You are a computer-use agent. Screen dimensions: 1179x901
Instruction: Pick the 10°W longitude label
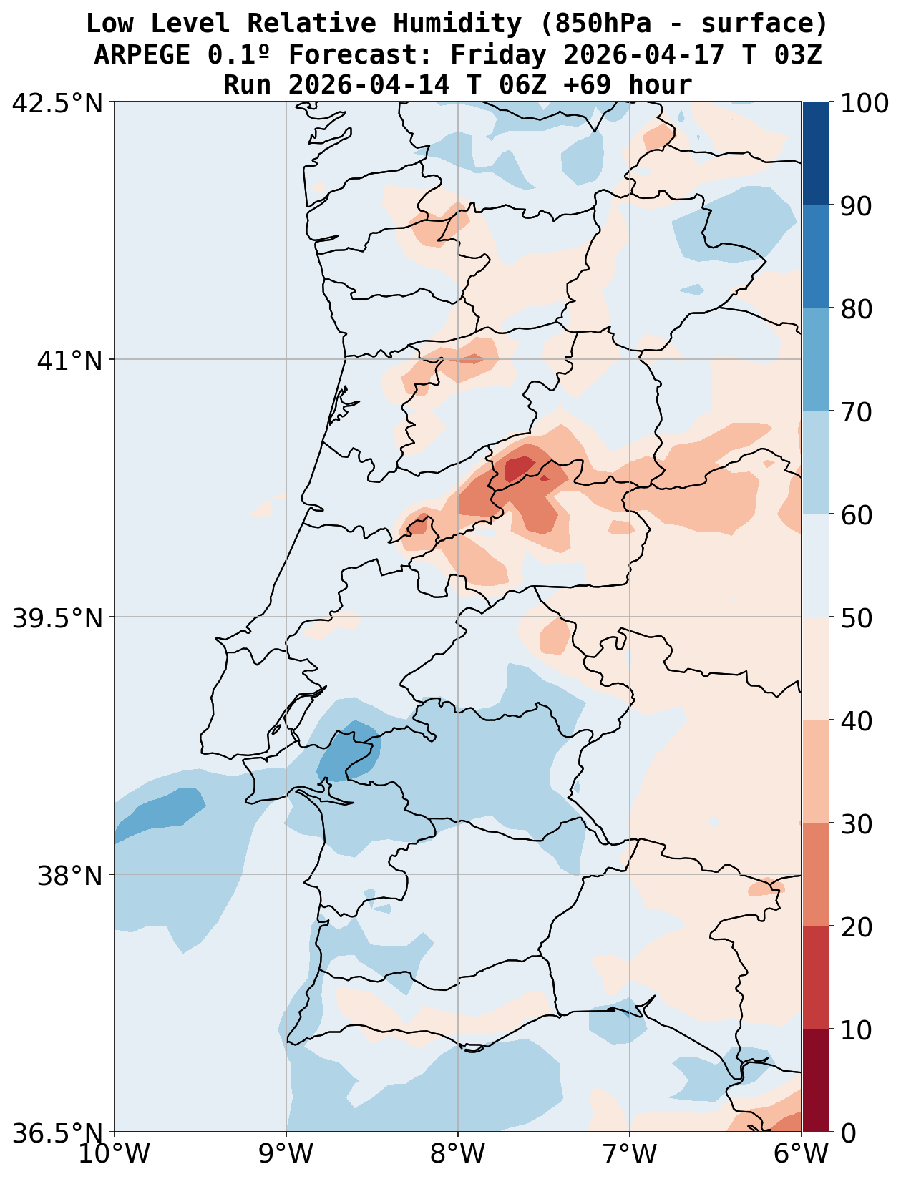(x=115, y=1154)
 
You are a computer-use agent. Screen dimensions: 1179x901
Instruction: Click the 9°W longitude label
(x=286, y=1154)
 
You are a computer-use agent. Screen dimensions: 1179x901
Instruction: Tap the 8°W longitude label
(x=458, y=1154)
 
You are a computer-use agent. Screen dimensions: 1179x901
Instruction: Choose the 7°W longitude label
(x=630, y=1154)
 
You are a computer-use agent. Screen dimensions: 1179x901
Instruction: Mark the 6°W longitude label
(x=802, y=1154)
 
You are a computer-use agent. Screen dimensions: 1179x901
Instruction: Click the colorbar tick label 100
(x=865, y=103)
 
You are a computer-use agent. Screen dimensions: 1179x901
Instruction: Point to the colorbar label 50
(x=855, y=618)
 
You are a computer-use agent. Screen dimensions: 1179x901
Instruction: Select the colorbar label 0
(x=847, y=1133)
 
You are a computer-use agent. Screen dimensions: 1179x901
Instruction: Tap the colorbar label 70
(x=855, y=412)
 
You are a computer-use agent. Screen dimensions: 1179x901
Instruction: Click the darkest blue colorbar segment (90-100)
(x=815, y=154)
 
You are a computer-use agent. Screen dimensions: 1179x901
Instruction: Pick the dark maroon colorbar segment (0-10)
(x=815, y=1081)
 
